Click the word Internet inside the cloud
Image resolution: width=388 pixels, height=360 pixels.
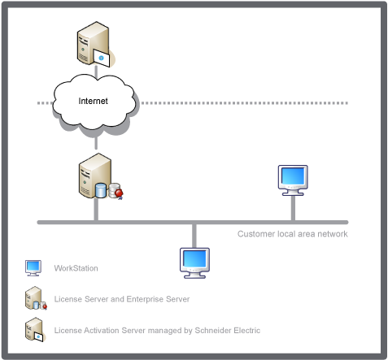click(x=93, y=101)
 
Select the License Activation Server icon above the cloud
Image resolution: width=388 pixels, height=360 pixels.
click(x=96, y=45)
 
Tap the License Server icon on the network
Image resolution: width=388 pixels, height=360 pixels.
click(x=101, y=176)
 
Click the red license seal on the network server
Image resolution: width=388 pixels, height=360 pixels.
click(x=119, y=193)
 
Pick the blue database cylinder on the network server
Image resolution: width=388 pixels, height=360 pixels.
click(x=101, y=190)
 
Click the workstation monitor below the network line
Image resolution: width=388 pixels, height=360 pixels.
click(x=194, y=262)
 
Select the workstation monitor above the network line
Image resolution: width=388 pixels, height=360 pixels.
click(x=293, y=180)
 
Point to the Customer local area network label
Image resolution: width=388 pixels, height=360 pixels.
click(x=293, y=234)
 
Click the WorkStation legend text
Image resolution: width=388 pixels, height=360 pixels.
click(x=76, y=268)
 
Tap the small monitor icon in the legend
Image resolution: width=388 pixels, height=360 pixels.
click(x=33, y=268)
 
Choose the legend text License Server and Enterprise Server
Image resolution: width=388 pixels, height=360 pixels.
click(x=122, y=299)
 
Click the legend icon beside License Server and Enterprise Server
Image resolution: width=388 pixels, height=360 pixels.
click(x=36, y=298)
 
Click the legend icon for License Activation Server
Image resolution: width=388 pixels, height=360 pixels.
click(x=35, y=330)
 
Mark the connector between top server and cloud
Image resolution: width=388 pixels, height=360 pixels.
click(x=96, y=72)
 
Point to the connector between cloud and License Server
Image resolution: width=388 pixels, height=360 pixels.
click(x=96, y=142)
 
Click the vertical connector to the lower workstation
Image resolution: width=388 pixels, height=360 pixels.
click(x=194, y=236)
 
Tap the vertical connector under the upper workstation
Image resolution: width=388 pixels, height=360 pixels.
click(x=293, y=208)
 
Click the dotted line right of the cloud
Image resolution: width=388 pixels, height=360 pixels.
click(x=245, y=103)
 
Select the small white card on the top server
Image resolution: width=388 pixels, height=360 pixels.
click(x=102, y=58)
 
